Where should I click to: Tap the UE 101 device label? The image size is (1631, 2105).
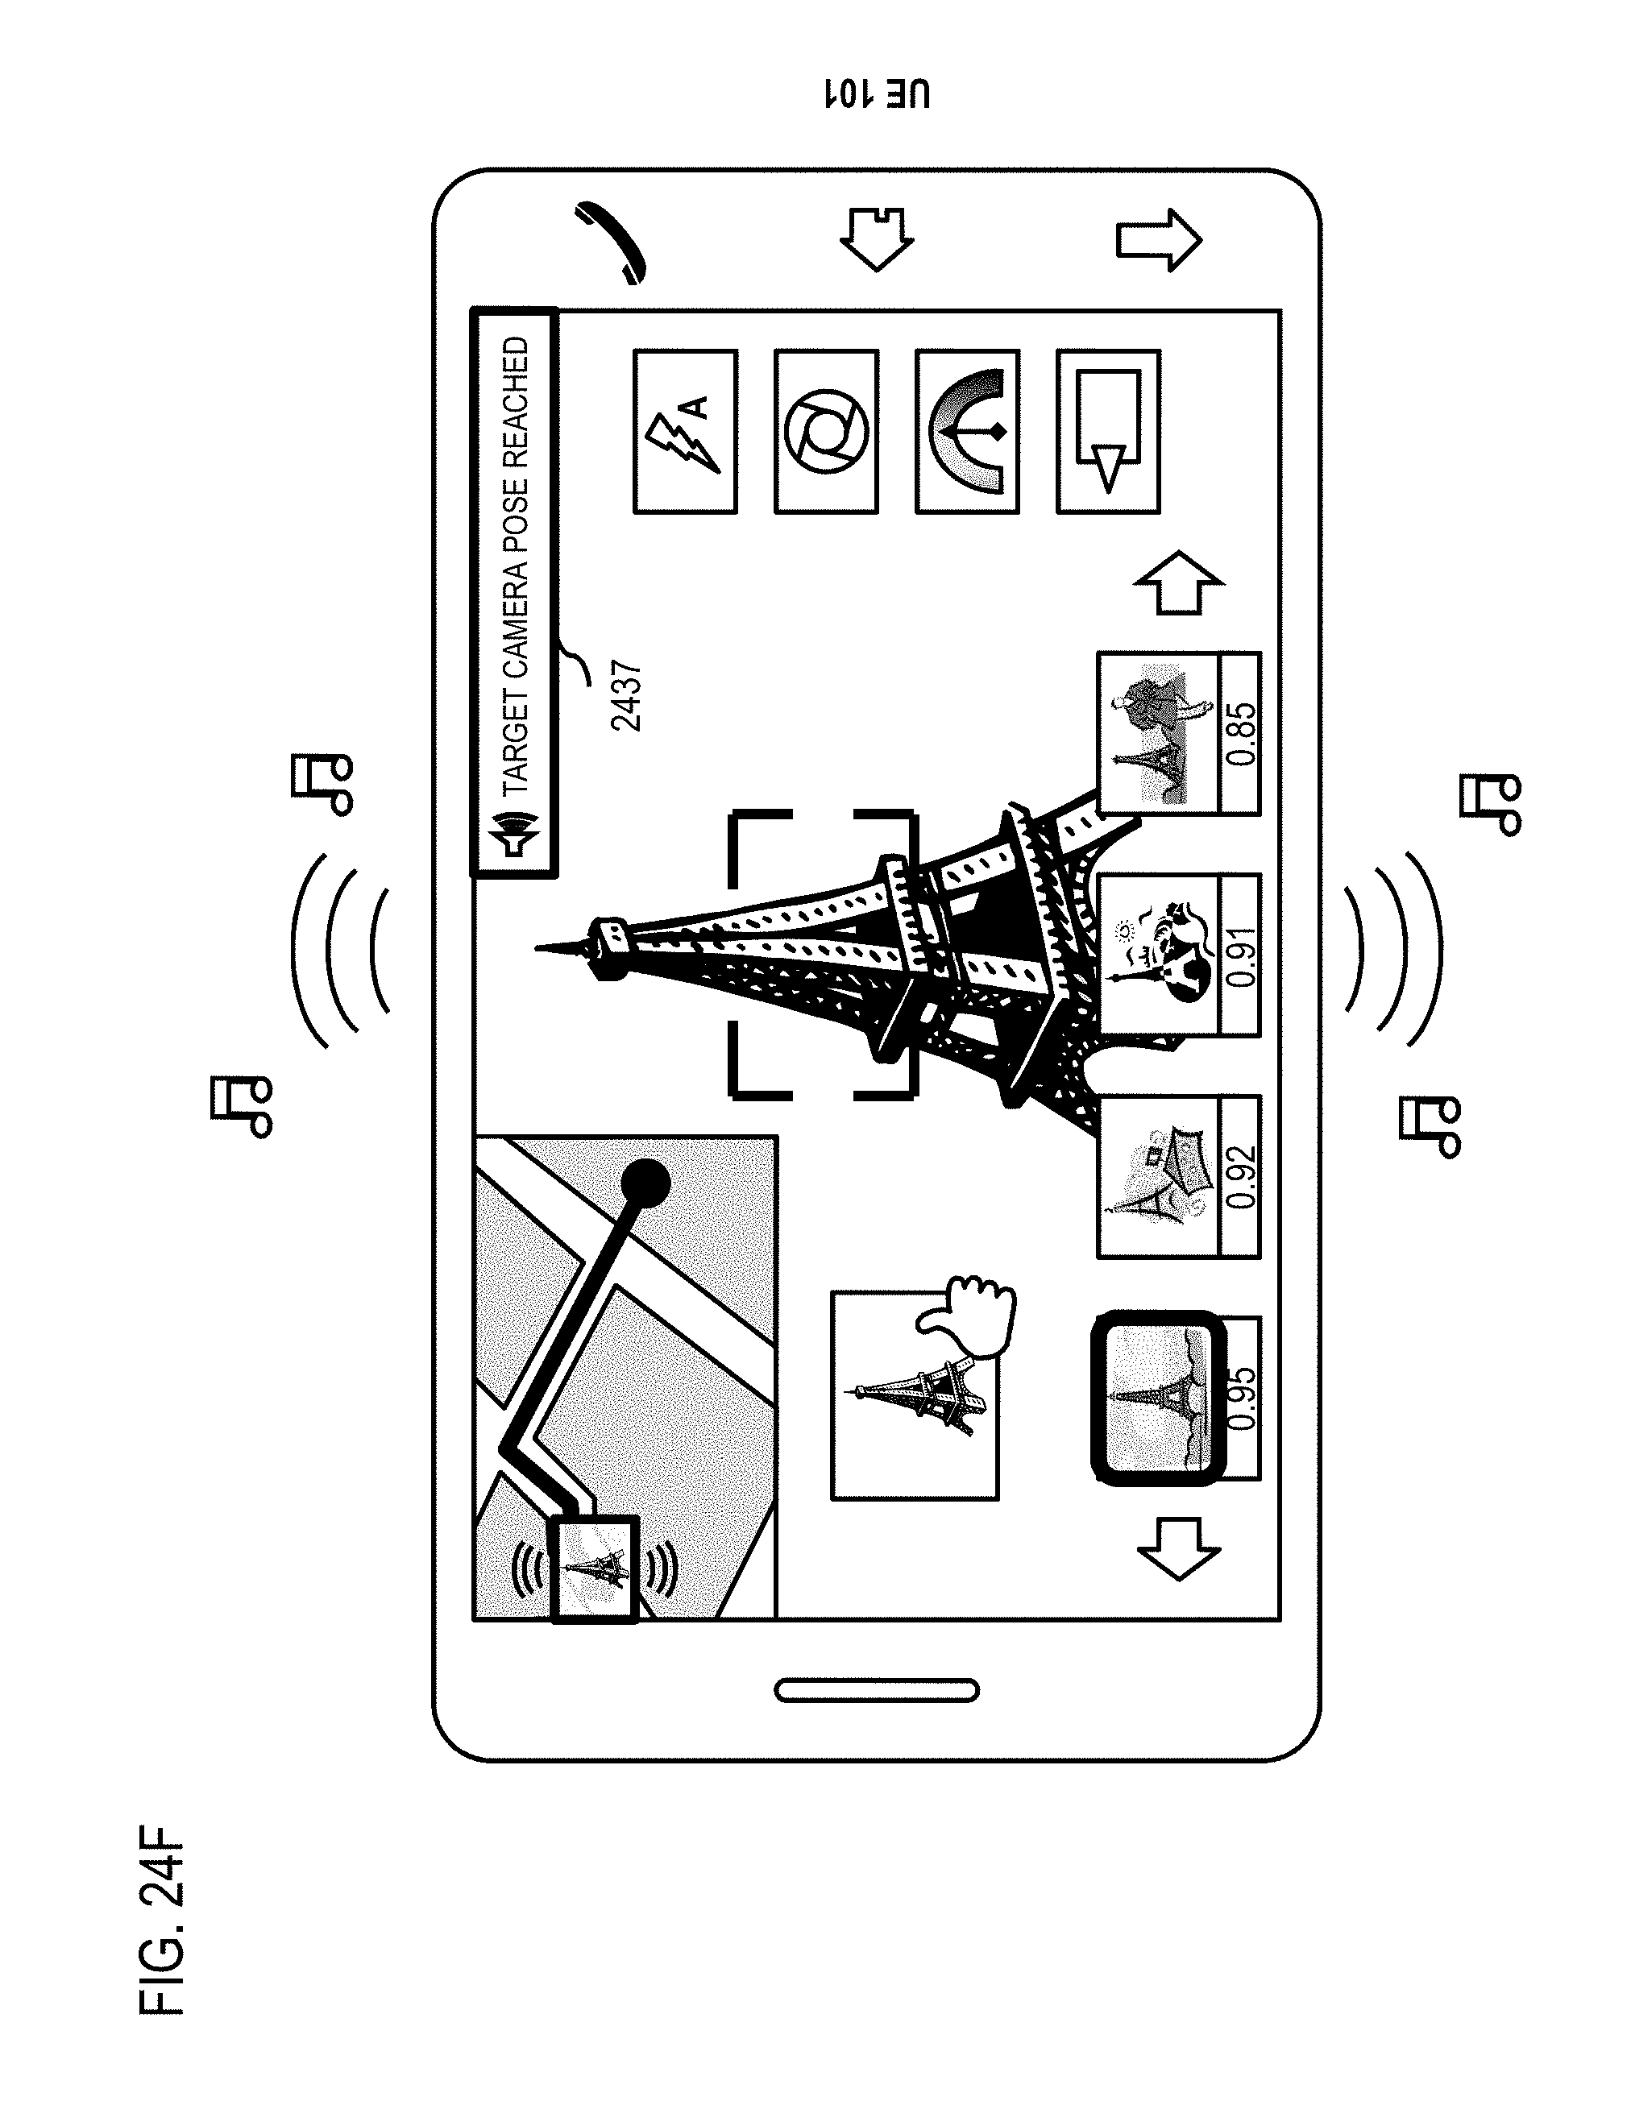click(x=878, y=93)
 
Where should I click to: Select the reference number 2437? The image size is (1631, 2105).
click(x=627, y=696)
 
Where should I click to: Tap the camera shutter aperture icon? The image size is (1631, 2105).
click(x=826, y=432)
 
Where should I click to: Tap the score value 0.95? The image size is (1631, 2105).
click(x=1242, y=1398)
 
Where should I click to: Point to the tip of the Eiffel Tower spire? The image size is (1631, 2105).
click(x=536, y=949)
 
